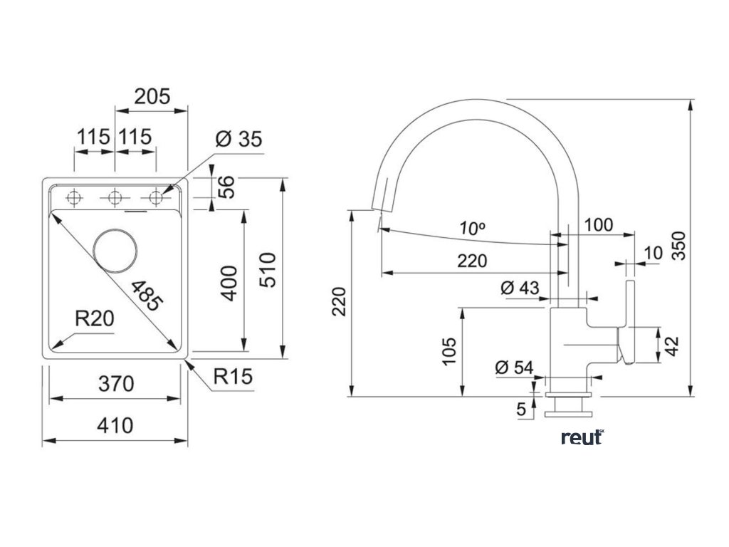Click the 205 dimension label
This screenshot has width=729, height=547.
152,96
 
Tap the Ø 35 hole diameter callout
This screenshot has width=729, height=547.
239,139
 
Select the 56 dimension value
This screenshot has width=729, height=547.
227,187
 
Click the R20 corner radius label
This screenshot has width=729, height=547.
95,319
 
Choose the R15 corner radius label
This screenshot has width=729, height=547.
233,376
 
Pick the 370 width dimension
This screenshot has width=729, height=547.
116,384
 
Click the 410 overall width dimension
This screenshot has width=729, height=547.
115,425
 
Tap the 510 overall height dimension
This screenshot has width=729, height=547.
268,270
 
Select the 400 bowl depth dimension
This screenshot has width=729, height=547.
229,283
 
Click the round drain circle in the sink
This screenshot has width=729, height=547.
115,251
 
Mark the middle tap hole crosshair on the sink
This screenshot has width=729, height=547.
115,198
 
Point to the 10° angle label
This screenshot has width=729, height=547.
472,229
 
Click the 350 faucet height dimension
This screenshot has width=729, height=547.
678,246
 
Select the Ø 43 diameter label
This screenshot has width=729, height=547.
520,288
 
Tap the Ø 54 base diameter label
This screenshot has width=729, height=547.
514,368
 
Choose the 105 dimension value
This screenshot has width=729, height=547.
449,351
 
